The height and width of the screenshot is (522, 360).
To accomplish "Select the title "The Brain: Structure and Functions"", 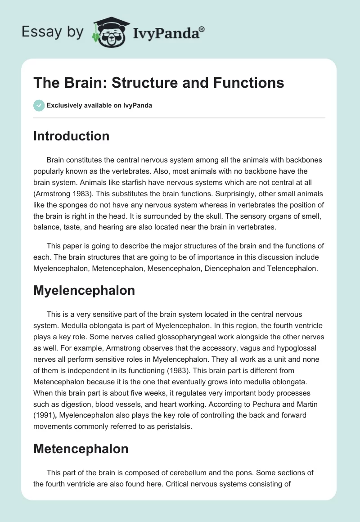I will coord(159,83).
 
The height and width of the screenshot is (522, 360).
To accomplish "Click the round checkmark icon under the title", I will coord(39,105).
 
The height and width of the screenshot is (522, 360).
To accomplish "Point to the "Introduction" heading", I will coord(71,136).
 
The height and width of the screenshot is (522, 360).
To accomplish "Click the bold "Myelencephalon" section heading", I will coord(84,291).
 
